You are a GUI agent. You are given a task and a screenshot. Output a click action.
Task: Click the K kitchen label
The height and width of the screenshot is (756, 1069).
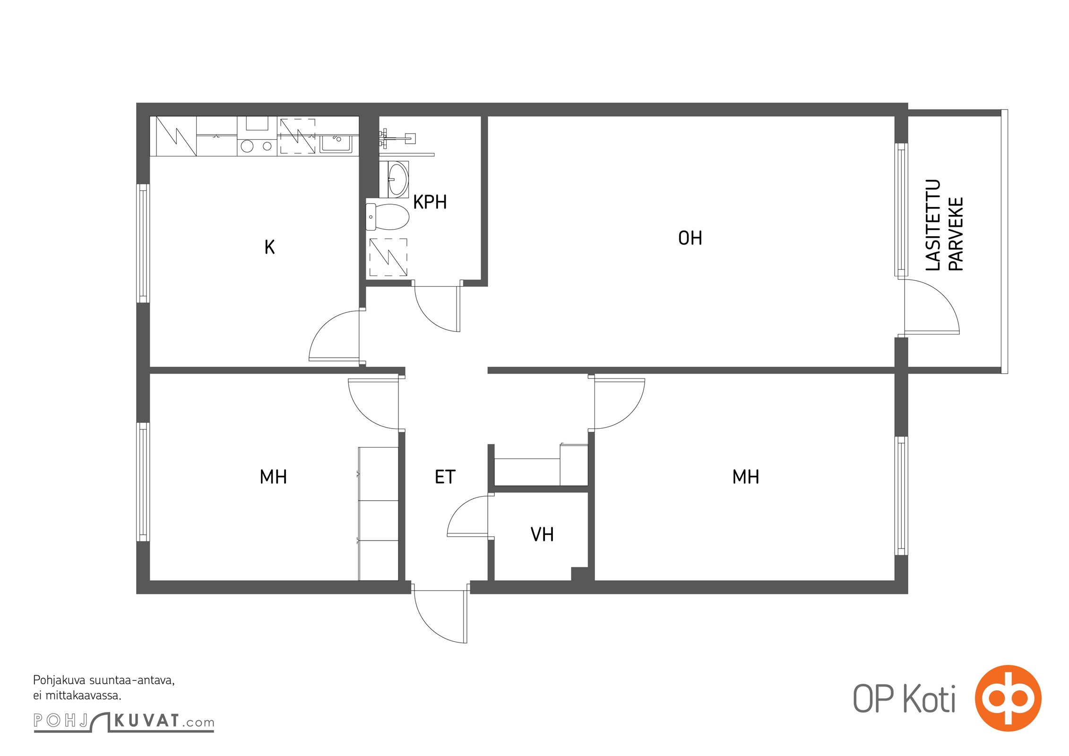pos(269,247)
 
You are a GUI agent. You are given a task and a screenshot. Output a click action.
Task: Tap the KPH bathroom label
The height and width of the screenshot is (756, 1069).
pos(430,202)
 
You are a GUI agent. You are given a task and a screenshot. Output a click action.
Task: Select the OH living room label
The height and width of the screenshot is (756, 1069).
pos(690,238)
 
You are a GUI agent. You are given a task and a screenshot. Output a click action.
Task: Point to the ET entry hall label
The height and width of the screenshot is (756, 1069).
pos(445,477)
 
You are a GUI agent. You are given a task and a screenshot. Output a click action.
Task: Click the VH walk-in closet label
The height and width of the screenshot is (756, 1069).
pos(542,534)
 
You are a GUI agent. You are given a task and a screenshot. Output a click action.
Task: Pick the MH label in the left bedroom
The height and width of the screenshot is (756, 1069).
pos(273,477)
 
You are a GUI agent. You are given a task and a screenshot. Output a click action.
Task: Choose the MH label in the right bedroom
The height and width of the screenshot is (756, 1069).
pos(746,477)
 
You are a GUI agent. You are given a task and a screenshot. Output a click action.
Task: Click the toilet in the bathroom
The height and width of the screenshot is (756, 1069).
pos(388,217)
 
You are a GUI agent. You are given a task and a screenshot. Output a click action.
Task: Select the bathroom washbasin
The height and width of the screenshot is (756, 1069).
pos(397,180)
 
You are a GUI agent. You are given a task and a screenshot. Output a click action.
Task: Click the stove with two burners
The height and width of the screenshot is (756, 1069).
pos(256,146)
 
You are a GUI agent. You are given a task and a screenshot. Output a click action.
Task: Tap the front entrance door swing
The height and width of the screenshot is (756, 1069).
pos(440,617)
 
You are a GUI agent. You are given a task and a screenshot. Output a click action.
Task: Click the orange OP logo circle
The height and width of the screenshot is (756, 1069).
pos(1008,698)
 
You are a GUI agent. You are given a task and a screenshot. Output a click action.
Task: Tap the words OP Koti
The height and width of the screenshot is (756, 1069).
pos(904,699)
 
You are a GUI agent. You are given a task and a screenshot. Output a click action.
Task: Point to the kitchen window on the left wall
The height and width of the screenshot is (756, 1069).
pos(143,243)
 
